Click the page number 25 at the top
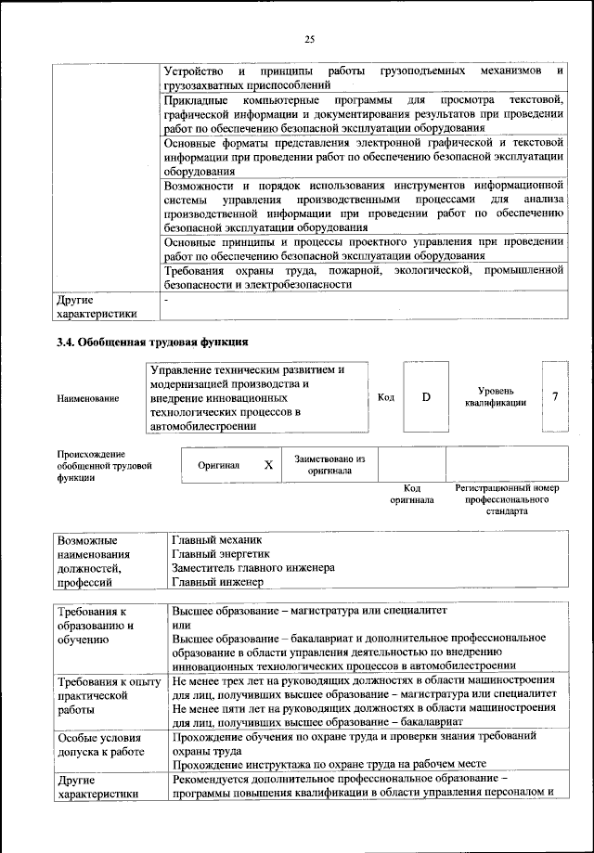tap(309, 39)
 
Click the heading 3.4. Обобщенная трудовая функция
tap(152, 342)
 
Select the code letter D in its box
tap(426, 397)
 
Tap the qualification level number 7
tap(555, 397)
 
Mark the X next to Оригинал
tap(268, 466)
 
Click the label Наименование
tap(87, 398)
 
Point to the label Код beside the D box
tap(386, 397)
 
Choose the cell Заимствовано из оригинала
tap(329, 465)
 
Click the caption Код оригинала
tap(412, 494)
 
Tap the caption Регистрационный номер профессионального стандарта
tap(505, 499)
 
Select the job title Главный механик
tap(217, 539)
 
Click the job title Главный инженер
tap(217, 583)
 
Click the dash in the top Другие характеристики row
tap(166, 301)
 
